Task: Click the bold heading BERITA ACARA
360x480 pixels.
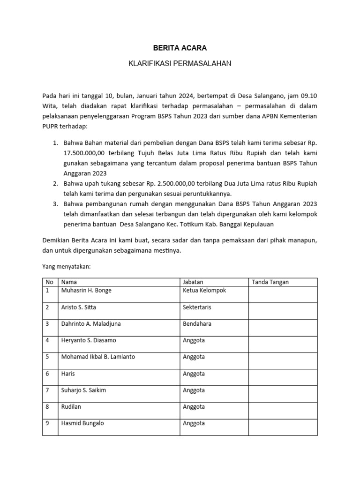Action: [x=180, y=48]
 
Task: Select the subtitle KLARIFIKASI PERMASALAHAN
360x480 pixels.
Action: [x=180, y=63]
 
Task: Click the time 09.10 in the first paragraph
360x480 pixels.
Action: [x=309, y=96]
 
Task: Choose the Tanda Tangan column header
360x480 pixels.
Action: [x=270, y=282]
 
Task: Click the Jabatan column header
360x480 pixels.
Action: [x=193, y=282]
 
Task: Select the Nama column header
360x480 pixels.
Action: [x=69, y=282]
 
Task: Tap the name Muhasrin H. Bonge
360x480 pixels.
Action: [x=87, y=291]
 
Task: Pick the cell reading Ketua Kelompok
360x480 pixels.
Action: [x=204, y=291]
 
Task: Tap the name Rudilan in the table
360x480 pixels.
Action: [x=71, y=406]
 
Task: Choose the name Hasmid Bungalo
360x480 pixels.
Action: [x=82, y=423]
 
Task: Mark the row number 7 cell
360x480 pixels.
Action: [x=48, y=390]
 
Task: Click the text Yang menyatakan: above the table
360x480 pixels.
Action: [x=66, y=266]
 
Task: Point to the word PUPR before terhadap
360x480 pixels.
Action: [x=50, y=127]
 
